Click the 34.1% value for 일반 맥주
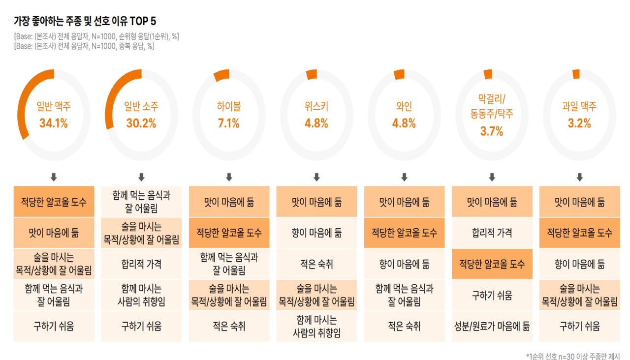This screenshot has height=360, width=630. click(x=54, y=123)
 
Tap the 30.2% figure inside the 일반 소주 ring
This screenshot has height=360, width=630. click(x=141, y=123)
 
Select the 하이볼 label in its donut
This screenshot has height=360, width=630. click(x=229, y=107)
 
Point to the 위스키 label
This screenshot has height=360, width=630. click(x=316, y=107)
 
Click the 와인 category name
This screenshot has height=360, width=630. click(x=404, y=107)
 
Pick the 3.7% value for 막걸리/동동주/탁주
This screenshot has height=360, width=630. click(x=492, y=131)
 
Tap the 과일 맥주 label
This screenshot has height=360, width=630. click(x=579, y=107)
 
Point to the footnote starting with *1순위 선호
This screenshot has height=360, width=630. click(x=573, y=356)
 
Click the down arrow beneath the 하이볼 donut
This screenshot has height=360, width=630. click(x=229, y=177)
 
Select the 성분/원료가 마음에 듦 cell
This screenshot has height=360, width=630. click(x=492, y=326)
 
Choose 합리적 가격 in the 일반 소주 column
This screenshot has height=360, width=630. click(x=141, y=264)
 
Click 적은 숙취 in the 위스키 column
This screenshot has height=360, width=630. click(x=316, y=264)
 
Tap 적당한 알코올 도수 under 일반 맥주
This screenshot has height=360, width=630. click(x=54, y=202)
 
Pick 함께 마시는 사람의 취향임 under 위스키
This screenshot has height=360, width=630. click(x=316, y=327)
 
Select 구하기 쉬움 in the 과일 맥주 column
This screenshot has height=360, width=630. click(x=579, y=326)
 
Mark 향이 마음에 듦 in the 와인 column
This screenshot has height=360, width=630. click(x=404, y=264)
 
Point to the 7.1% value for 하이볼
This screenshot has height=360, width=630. click(x=229, y=123)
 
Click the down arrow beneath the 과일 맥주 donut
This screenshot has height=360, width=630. click(x=579, y=177)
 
